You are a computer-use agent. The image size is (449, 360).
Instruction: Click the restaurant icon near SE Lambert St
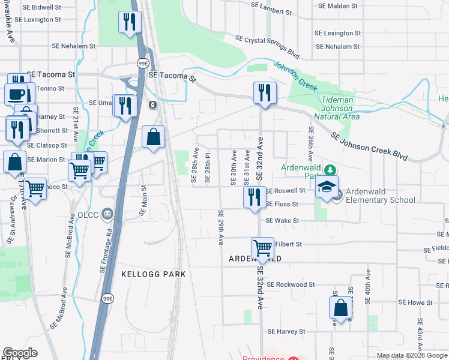coord(128,23)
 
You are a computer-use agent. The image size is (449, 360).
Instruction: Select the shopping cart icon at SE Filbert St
coord(262,247)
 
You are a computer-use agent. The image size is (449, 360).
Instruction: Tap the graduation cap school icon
coord(327,187)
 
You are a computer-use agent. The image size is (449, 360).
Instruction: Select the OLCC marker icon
coord(107,212)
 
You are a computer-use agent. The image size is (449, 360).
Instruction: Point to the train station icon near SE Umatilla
coord(153,105)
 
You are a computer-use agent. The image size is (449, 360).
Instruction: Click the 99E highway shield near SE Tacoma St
coord(143,63)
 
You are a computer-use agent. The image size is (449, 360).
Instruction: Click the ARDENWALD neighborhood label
coord(255,259)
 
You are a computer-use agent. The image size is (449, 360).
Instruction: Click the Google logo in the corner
coord(20,353)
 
